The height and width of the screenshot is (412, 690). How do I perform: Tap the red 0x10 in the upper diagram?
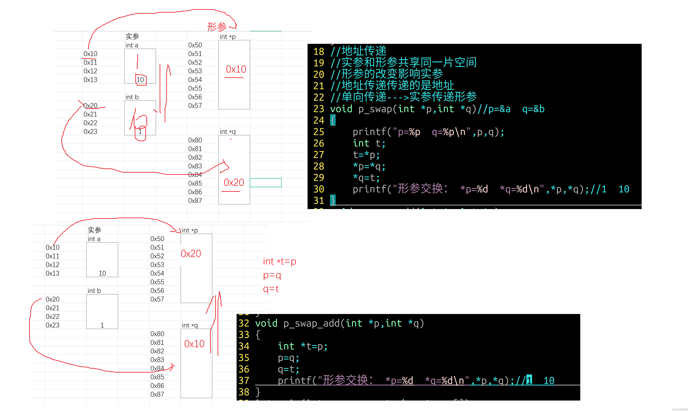pyautogui.click(x=236, y=69)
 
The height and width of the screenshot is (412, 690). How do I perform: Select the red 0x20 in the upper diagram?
pyautogui.click(x=234, y=182)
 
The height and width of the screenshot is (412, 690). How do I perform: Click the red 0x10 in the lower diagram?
pyautogui.click(x=194, y=344)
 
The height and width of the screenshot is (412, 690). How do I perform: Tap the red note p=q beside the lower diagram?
pyautogui.click(x=272, y=275)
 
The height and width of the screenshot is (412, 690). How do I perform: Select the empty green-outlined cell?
pyautogui.click(x=265, y=183)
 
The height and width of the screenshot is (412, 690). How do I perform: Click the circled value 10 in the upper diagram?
pyautogui.click(x=140, y=80)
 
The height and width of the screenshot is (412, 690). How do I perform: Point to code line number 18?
pyautogui.click(x=319, y=52)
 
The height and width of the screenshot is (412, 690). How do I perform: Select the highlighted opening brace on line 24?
pyautogui.click(x=333, y=120)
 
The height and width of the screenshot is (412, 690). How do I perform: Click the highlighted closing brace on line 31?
pyautogui.click(x=333, y=200)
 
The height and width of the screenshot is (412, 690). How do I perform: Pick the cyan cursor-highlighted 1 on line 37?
pyautogui.click(x=529, y=380)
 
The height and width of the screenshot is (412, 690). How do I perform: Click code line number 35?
pyautogui.click(x=244, y=358)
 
